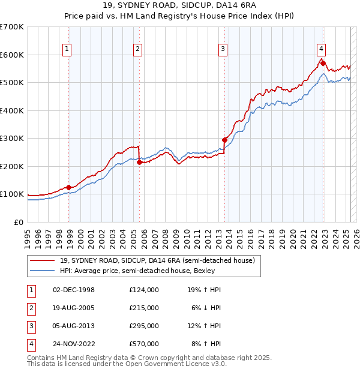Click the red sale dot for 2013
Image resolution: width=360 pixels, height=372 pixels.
click(224, 140)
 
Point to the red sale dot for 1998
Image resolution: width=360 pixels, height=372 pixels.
click(69, 187)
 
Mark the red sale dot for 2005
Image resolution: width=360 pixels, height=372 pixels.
click(139, 162)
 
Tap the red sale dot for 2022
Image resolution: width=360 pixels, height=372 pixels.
click(323, 63)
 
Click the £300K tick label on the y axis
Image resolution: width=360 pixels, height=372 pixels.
click(12, 139)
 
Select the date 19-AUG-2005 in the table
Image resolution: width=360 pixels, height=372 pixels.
click(74, 308)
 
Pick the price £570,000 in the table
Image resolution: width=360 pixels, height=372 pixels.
click(144, 344)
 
